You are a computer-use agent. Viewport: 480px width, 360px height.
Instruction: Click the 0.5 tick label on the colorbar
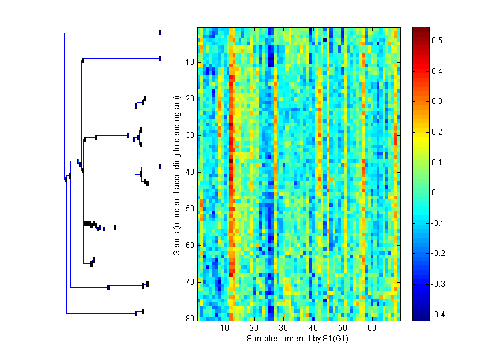click(438, 41)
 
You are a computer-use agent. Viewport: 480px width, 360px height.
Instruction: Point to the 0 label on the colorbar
click(435, 193)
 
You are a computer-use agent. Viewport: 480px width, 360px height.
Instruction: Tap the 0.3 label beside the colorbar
click(438, 101)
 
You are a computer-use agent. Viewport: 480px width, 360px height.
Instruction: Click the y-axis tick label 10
click(189, 62)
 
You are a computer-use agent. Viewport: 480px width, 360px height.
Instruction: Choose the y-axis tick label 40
click(189, 172)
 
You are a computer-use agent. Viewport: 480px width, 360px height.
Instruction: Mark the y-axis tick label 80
click(189, 318)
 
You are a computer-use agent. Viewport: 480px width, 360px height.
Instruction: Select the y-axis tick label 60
click(189, 245)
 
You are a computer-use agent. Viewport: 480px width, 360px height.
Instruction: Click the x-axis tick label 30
click(283, 329)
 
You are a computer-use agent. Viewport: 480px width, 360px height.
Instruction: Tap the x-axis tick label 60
click(371, 329)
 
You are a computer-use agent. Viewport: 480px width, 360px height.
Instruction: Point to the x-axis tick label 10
click(225, 329)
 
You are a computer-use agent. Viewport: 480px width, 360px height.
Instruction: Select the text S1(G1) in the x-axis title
click(336, 339)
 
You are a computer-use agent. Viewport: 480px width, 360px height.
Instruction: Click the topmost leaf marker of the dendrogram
click(160, 32)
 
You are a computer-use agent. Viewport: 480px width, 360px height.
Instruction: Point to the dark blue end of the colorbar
click(420, 317)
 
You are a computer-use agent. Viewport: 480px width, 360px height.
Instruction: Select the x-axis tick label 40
click(313, 329)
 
